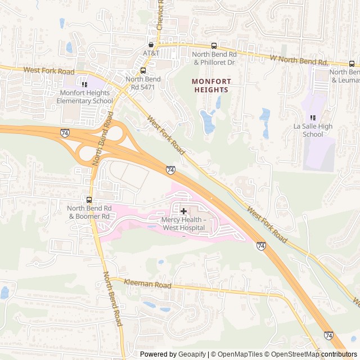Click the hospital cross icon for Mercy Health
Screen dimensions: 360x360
click(x=183, y=210)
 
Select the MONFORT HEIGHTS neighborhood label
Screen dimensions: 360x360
click(x=211, y=85)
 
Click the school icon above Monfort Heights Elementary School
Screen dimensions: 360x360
click(x=84, y=84)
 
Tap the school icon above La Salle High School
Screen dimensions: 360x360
click(x=313, y=118)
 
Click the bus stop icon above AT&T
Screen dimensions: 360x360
click(x=151, y=44)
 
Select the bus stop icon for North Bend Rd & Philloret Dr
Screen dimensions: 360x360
click(x=213, y=46)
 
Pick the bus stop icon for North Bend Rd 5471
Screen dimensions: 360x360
click(x=143, y=71)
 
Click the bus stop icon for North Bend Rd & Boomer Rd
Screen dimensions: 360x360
click(x=89, y=200)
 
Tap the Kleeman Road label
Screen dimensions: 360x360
click(x=147, y=285)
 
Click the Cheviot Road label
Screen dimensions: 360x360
click(x=161, y=16)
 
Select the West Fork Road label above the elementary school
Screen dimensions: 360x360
click(x=49, y=71)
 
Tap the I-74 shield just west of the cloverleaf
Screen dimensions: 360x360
click(x=65, y=133)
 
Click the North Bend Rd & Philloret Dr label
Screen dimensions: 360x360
click(x=213, y=58)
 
